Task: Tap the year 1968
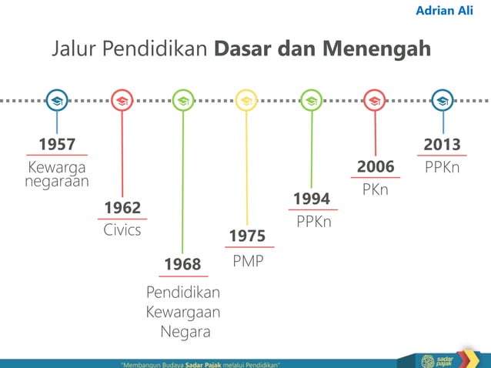click(182, 265)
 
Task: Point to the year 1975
click(247, 236)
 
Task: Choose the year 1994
click(311, 199)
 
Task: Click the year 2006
click(376, 167)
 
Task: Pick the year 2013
click(442, 145)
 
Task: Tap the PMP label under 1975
click(248, 261)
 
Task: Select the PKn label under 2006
click(376, 189)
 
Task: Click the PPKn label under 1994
click(314, 222)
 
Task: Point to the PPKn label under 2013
click(442, 167)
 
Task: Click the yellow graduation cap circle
click(246, 100)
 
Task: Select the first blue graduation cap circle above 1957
click(56, 100)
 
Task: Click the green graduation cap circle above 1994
click(311, 100)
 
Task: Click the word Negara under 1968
click(185, 333)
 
